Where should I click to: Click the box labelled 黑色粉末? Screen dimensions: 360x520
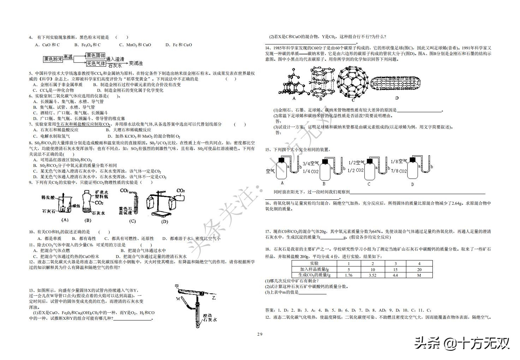click(53, 59)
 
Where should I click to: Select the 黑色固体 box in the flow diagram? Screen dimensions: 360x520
click(95, 56)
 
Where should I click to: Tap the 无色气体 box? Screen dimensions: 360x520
click(95, 64)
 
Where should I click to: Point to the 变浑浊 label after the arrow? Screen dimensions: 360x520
click(136, 63)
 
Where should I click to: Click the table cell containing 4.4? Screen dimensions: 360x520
click(395, 275)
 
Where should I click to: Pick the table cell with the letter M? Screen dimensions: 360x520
click(419, 275)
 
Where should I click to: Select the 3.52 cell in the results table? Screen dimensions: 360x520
click(373, 275)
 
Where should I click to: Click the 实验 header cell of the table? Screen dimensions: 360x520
click(314, 264)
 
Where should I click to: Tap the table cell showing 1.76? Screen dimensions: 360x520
click(349, 275)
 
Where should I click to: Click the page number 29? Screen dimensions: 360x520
click(260, 334)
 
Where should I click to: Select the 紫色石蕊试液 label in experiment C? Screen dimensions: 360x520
click(126, 211)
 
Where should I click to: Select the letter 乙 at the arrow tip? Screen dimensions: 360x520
click(214, 298)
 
